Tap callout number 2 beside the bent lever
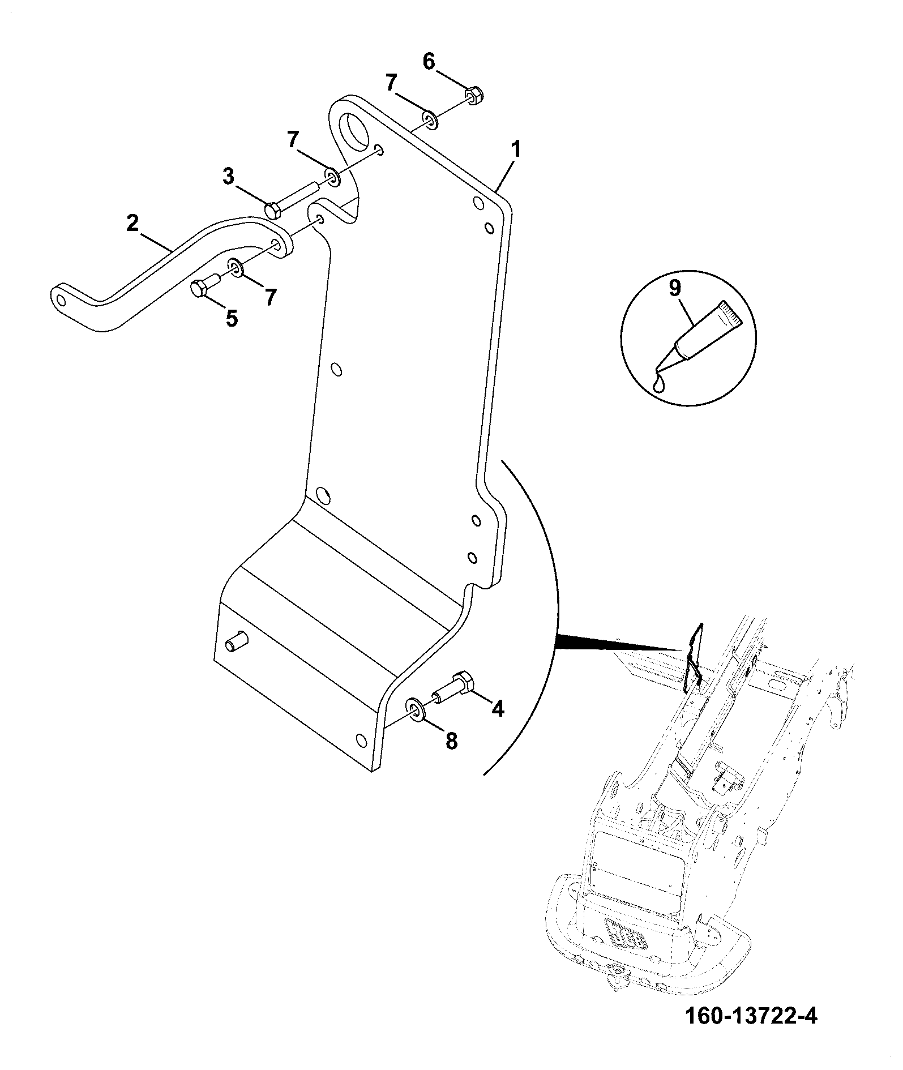(x=132, y=222)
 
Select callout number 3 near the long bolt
(x=228, y=177)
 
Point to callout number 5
(x=232, y=319)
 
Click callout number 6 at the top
(x=429, y=61)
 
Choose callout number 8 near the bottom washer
(x=451, y=741)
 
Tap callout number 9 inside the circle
(x=674, y=288)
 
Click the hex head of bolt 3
(x=273, y=209)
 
